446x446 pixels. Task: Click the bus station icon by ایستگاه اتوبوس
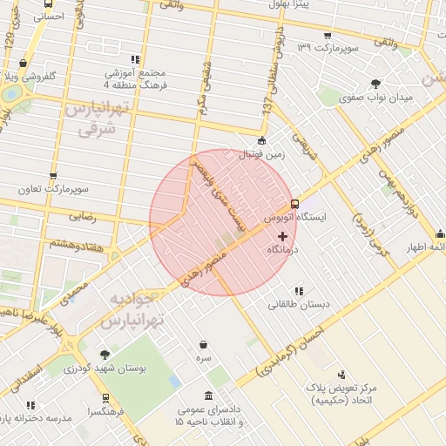pos(294,203)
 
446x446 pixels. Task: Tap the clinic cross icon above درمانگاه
pos(281,236)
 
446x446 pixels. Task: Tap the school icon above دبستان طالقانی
pos(299,292)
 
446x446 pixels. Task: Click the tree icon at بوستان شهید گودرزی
pos(105,355)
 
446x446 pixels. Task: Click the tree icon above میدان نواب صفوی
pos(375,84)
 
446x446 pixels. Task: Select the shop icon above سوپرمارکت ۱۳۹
pos(327,36)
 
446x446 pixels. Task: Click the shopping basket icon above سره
pos(203,344)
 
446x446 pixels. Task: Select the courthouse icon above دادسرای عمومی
pos(209,395)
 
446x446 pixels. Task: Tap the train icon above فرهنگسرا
pos(105,397)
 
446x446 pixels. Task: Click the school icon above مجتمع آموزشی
pos(134,60)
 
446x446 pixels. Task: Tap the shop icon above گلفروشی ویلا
pos(23,64)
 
